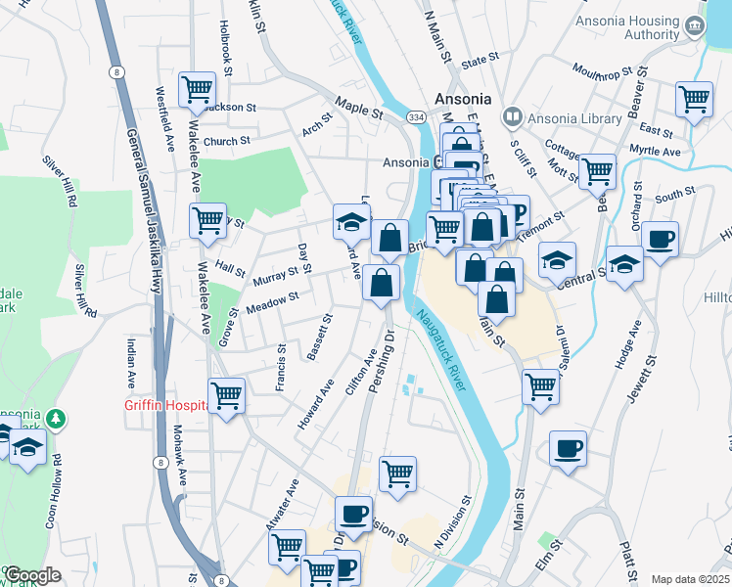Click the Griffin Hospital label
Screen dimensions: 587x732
pyautogui.click(x=164, y=405)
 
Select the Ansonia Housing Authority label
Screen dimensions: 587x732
pyautogui.click(x=640, y=28)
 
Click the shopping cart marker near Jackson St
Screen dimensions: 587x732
pyautogui.click(x=197, y=90)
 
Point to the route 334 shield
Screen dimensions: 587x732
pyautogui.click(x=416, y=117)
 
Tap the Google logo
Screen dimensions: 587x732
pyautogui.click(x=32, y=574)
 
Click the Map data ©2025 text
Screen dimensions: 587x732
pyautogui.click(x=690, y=579)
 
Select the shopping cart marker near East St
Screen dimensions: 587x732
pyautogui.click(x=693, y=98)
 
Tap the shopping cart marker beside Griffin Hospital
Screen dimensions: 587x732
pyautogui.click(x=226, y=395)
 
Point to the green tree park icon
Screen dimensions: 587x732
pyautogui.click(x=58, y=420)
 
